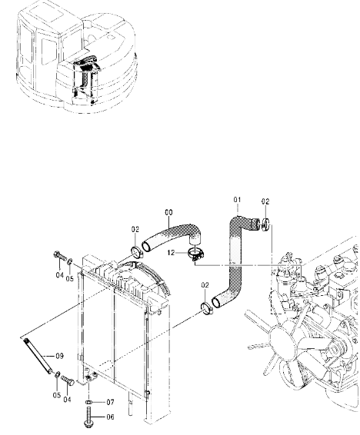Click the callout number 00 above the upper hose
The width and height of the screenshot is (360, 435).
click(x=168, y=213)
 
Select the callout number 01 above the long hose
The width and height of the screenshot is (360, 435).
click(x=237, y=200)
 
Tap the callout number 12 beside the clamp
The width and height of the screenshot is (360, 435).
click(x=172, y=253)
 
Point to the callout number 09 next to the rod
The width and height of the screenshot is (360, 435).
click(x=60, y=356)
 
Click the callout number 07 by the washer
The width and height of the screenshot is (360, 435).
click(x=110, y=402)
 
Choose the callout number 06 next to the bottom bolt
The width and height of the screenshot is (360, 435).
click(x=110, y=417)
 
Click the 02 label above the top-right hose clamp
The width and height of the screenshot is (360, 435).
click(x=265, y=201)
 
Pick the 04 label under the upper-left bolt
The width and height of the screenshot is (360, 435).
click(x=60, y=275)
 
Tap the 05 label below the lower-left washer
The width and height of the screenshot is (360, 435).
click(x=57, y=395)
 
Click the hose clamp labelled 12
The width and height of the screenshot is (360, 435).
click(x=195, y=254)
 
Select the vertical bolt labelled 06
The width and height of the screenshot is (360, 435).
click(x=88, y=417)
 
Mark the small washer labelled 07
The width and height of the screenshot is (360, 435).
click(x=88, y=402)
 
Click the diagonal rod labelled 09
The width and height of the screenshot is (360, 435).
click(x=38, y=356)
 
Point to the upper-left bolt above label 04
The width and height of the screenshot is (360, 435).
click(x=60, y=257)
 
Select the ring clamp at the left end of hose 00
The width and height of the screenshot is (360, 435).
click(x=137, y=251)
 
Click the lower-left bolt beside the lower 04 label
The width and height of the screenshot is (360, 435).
click(x=68, y=380)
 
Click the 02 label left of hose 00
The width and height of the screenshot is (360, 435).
click(x=135, y=230)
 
